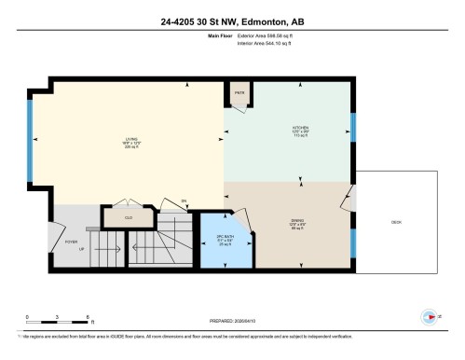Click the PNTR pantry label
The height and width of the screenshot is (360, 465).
tap(239, 94)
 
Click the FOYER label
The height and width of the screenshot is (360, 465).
tap(70, 242)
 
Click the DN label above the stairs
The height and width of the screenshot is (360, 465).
tap(184, 201)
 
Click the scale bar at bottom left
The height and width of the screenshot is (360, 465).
tap(56, 323)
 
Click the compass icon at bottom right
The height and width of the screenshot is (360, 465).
tap(430, 315)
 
